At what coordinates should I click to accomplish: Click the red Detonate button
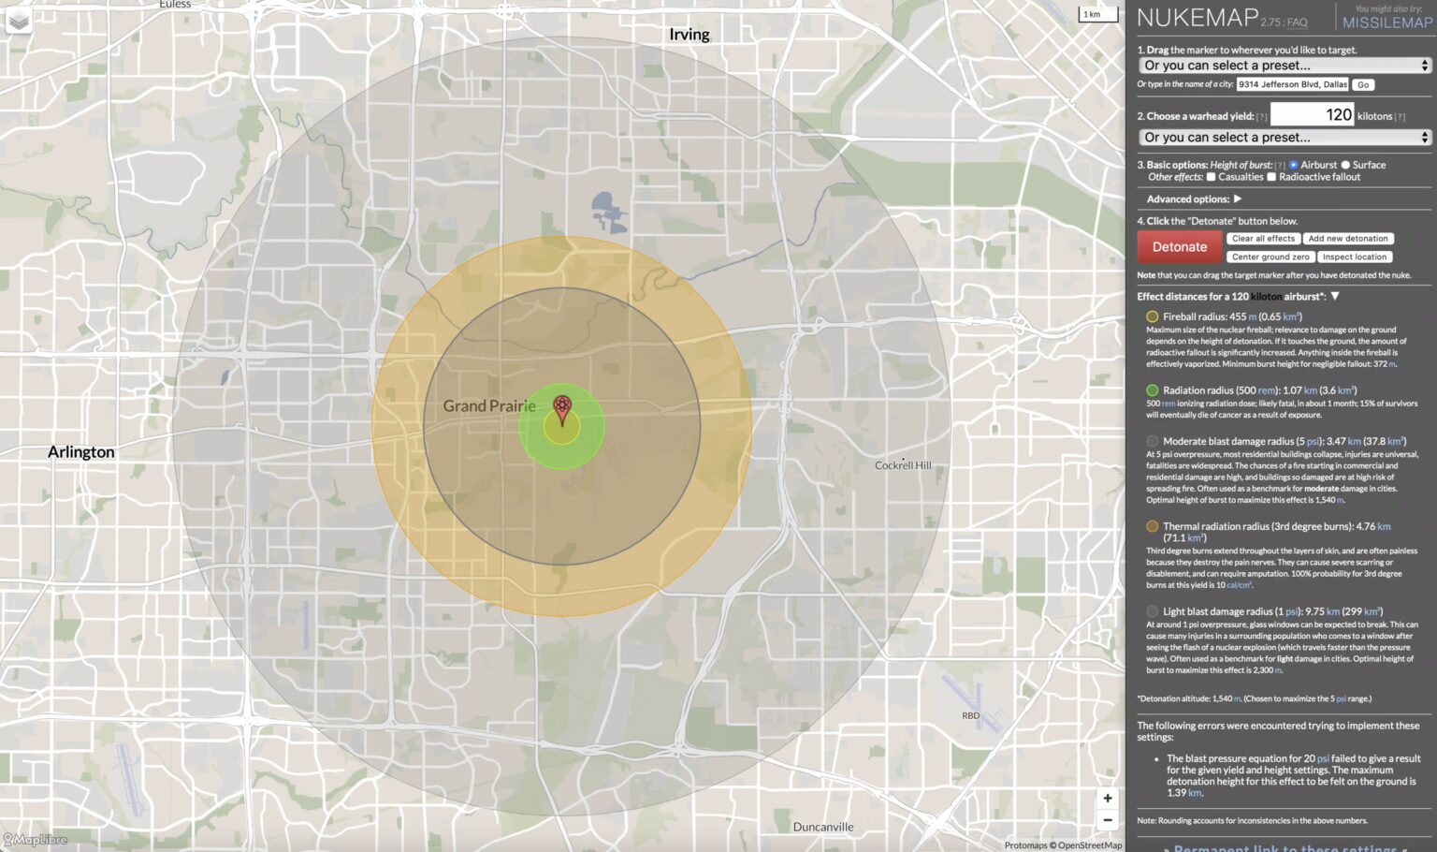[x=1179, y=247]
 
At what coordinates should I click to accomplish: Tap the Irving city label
[x=689, y=35]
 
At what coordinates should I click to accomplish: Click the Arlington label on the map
[x=81, y=452]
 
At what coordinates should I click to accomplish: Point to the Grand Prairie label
[x=489, y=406]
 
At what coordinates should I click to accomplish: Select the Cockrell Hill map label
[x=903, y=465]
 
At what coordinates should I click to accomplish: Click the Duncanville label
[x=823, y=827]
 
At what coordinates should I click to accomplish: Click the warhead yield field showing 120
[x=1312, y=115]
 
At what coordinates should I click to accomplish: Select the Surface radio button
[x=1345, y=165]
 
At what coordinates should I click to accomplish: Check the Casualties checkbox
[x=1211, y=177]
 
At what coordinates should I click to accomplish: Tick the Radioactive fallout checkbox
[x=1271, y=177]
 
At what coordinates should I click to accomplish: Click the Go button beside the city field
[x=1363, y=85]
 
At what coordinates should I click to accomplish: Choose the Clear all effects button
[x=1263, y=239]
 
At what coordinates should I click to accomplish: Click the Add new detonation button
[x=1348, y=239]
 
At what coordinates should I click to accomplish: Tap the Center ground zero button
[x=1270, y=257]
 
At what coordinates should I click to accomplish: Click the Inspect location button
[x=1355, y=257]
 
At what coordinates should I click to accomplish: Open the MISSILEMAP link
[x=1387, y=22]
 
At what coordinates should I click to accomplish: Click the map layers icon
[x=19, y=21]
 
